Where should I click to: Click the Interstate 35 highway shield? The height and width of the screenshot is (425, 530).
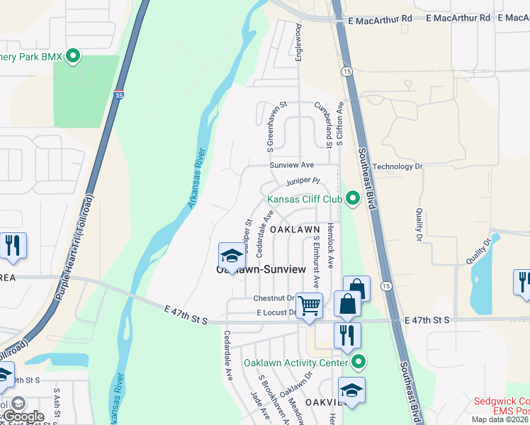[117, 93]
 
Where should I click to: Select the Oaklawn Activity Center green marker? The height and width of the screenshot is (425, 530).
[359, 363]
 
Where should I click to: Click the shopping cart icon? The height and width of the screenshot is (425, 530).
[309, 306]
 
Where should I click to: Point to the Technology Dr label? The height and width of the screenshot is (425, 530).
[397, 166]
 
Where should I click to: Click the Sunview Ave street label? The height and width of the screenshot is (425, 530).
[291, 164]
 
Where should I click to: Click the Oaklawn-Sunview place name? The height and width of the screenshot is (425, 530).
[261, 270]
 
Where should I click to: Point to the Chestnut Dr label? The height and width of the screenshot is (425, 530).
[274, 298]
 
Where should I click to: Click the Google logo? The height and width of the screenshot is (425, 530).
[23, 416]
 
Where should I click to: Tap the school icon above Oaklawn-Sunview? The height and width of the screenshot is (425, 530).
[232, 256]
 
